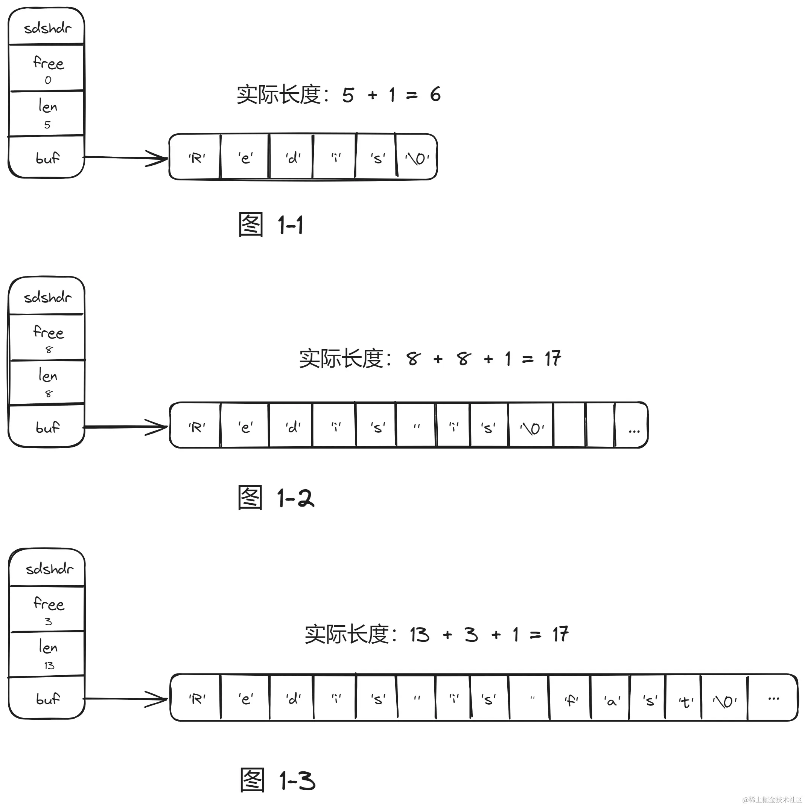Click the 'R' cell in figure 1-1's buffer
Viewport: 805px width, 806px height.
point(196,158)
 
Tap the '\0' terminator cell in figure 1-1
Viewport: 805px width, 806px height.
point(417,158)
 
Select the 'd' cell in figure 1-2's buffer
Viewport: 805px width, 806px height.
point(293,427)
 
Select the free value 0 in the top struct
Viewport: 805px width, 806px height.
point(48,80)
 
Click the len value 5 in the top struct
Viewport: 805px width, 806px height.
point(47,125)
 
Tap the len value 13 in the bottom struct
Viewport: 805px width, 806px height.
point(49,666)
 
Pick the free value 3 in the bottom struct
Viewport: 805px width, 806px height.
point(48,621)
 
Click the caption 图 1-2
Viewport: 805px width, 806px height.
point(275,498)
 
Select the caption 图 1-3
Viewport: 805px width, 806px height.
point(277,780)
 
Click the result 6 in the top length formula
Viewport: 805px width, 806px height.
point(435,94)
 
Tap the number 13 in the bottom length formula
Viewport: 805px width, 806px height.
point(419,635)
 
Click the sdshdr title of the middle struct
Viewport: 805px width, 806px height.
point(47,298)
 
